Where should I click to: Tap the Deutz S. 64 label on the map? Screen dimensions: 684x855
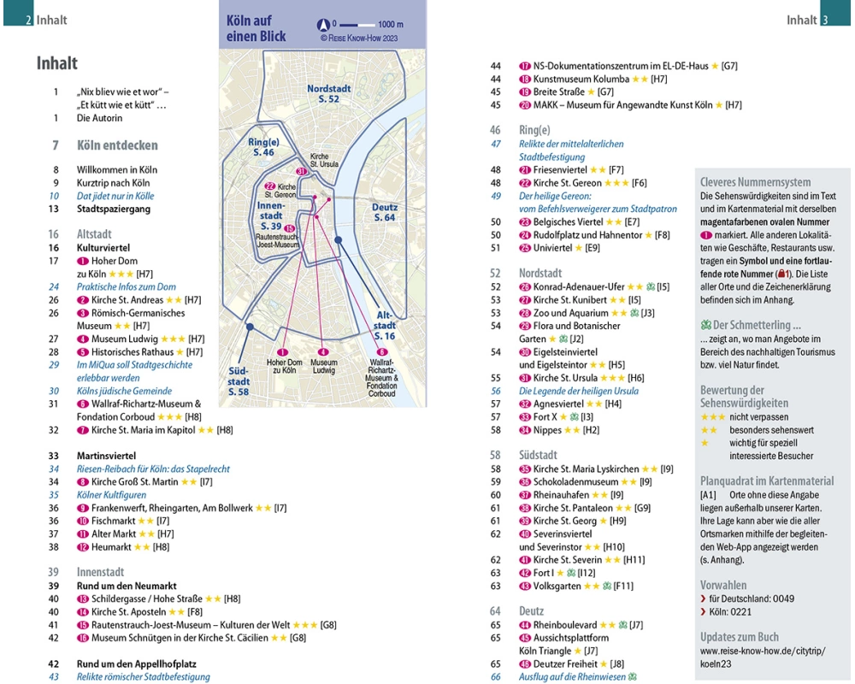[x=385, y=212]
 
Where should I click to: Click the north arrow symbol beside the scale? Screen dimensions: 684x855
[x=325, y=24]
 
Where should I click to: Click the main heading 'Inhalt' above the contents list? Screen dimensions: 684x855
[x=57, y=63]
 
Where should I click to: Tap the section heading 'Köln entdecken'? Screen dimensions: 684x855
[x=117, y=145]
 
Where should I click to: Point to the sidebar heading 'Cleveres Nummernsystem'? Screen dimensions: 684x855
[x=755, y=182]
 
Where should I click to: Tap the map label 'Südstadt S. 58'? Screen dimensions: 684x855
[x=238, y=380]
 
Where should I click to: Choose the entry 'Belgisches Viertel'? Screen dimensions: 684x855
[x=574, y=222]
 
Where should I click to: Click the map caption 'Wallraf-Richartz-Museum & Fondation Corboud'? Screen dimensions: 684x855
[x=382, y=376]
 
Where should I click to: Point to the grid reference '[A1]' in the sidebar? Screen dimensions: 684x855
[x=708, y=495]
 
